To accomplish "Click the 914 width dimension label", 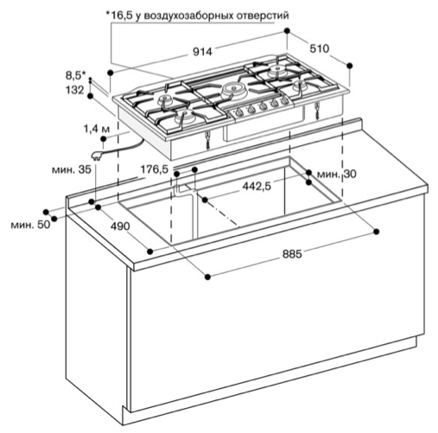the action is (202, 52).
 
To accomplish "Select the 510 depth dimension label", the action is (319, 48).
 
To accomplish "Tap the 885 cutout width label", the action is (292, 254).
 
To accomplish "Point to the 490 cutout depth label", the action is (120, 226).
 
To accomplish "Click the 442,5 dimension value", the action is (257, 187).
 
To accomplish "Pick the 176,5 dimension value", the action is (154, 169).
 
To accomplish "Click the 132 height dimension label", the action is (75, 90).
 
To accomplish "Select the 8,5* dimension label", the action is (76, 76).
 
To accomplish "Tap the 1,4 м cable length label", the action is (97, 130).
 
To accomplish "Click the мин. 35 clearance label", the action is (72, 169).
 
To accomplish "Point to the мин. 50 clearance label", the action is (30, 225).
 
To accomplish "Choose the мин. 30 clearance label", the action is (336, 174).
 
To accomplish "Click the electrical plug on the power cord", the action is (96, 156).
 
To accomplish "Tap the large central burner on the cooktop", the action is (233, 89).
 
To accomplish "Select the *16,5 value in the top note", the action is (119, 15).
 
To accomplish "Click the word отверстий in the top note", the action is (263, 16).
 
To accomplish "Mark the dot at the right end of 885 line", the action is (376, 232).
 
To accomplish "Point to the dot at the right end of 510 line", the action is (350, 66).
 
